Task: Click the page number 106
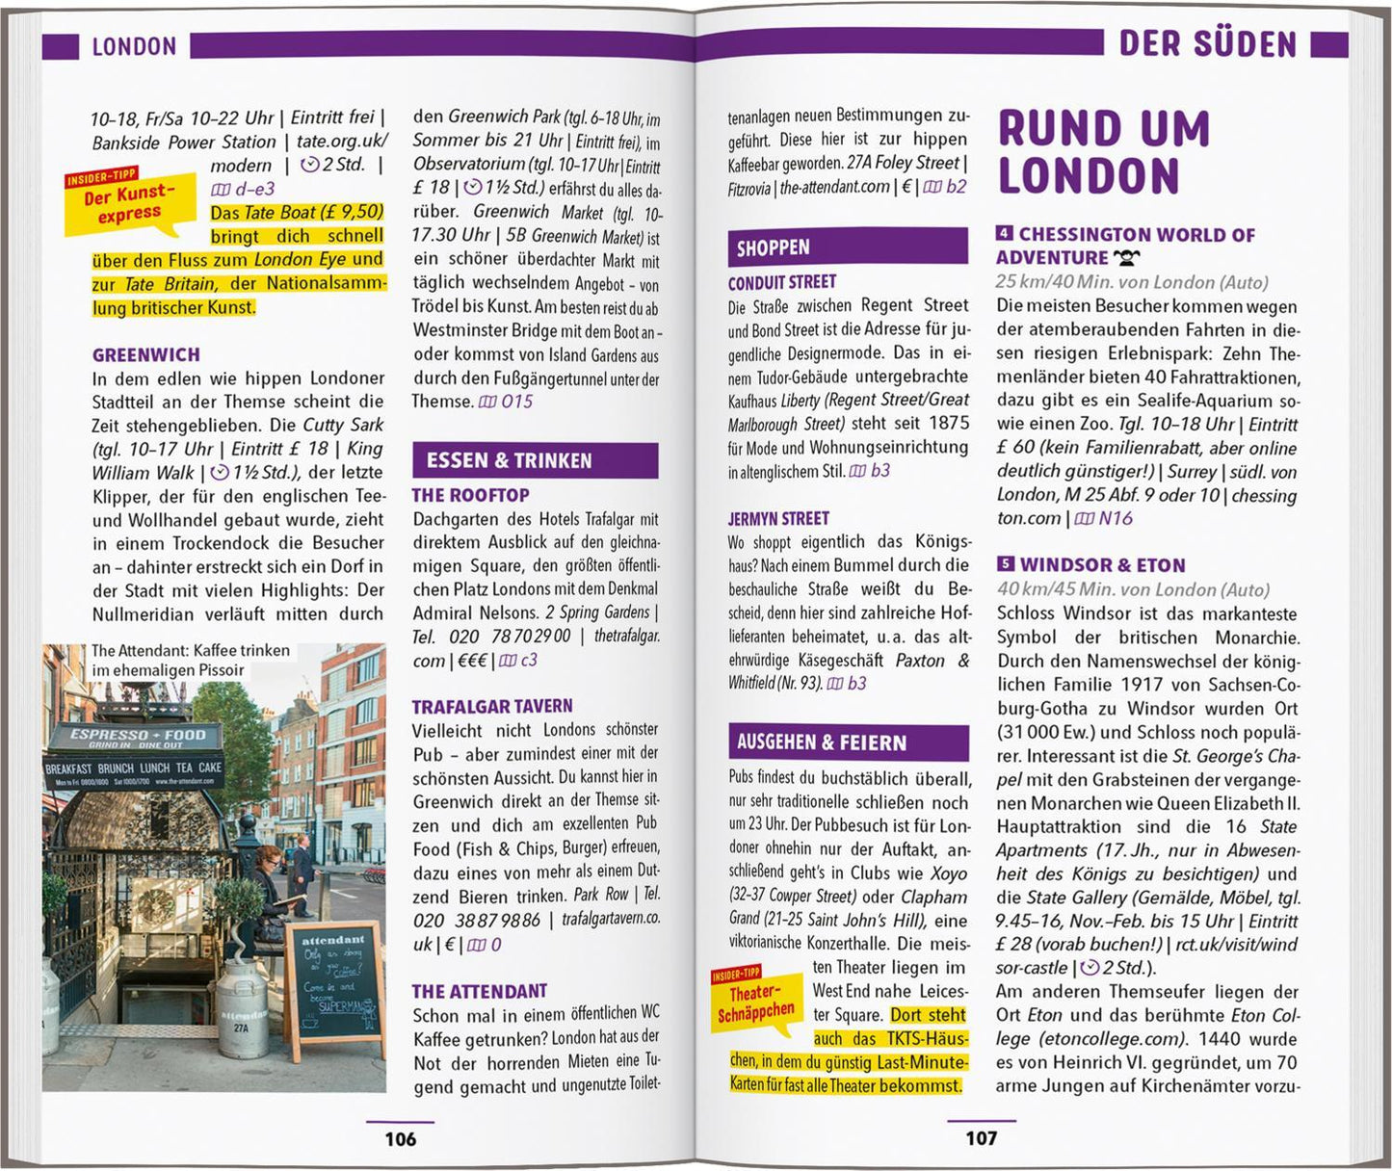pos(400,1139)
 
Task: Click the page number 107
pos(981,1138)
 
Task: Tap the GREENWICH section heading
pos(146,354)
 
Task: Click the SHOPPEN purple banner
pos(847,247)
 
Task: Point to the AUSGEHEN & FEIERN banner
pos(848,742)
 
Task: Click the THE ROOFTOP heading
pos(470,495)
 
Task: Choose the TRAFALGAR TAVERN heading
pos(492,706)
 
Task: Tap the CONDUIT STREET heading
pos(782,282)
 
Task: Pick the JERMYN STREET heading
pos(778,518)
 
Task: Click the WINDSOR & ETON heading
pos(1102,565)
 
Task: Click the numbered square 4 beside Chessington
pos(1005,234)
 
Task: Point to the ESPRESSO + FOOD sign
pos(136,737)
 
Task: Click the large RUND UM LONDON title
pos(1103,152)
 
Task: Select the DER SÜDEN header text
pos(1207,44)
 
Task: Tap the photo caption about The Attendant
pos(190,660)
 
